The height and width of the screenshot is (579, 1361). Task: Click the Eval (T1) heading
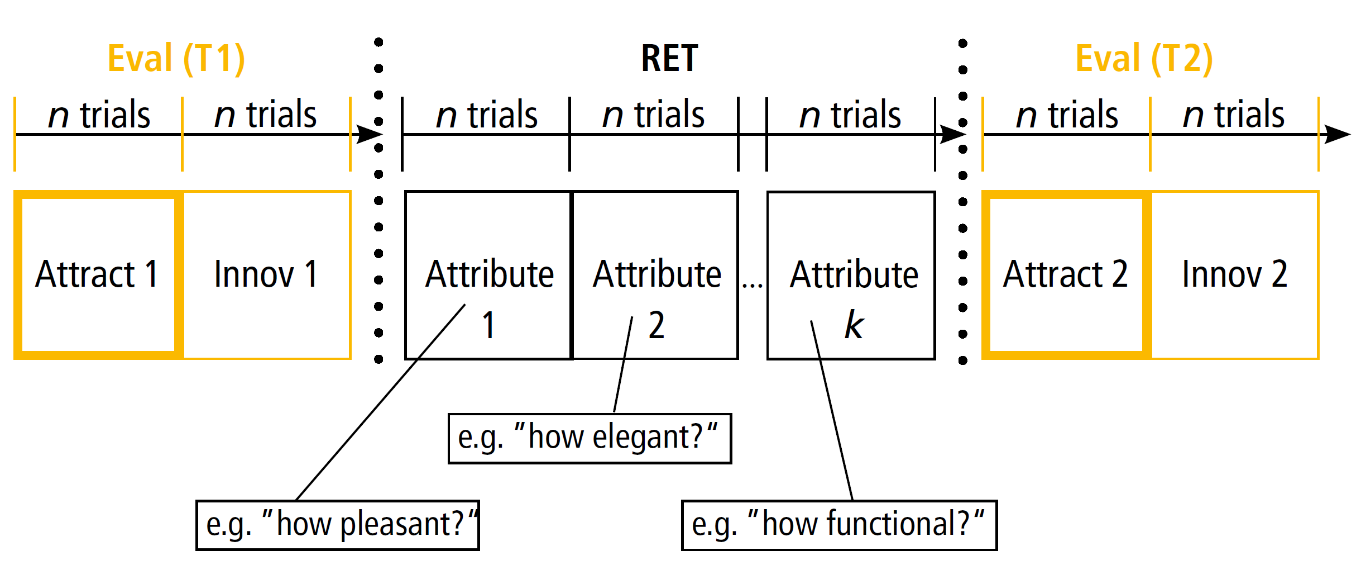pyautogui.click(x=176, y=59)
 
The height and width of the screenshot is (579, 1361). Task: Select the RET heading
pyautogui.click(x=669, y=58)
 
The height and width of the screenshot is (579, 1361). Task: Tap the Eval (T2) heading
pyautogui.click(x=1144, y=59)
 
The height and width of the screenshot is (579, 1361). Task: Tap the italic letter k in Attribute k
pyautogui.click(x=854, y=325)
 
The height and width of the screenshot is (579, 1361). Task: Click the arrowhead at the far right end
pyautogui.click(x=1337, y=134)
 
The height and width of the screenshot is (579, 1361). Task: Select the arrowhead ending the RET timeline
pyautogui.click(x=953, y=134)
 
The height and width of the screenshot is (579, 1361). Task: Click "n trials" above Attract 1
pyautogui.click(x=99, y=115)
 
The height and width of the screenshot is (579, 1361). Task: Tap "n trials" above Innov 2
pyautogui.click(x=1234, y=115)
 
